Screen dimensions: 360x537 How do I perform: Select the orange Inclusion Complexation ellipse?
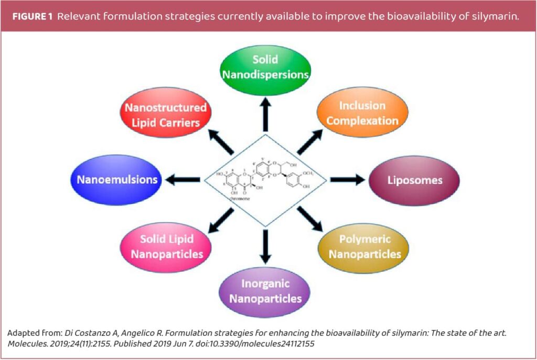click(x=362, y=113)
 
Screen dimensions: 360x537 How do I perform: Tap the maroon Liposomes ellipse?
click(x=414, y=180)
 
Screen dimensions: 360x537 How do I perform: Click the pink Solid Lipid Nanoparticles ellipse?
click(x=166, y=247)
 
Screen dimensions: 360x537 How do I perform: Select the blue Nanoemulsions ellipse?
click(x=117, y=180)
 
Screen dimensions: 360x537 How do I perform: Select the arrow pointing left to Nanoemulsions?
click(x=183, y=180)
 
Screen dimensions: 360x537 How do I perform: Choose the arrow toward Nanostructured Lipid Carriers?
click(x=221, y=141)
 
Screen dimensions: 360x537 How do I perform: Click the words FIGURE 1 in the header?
click(x=32, y=16)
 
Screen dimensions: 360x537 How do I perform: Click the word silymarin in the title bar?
click(x=497, y=16)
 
